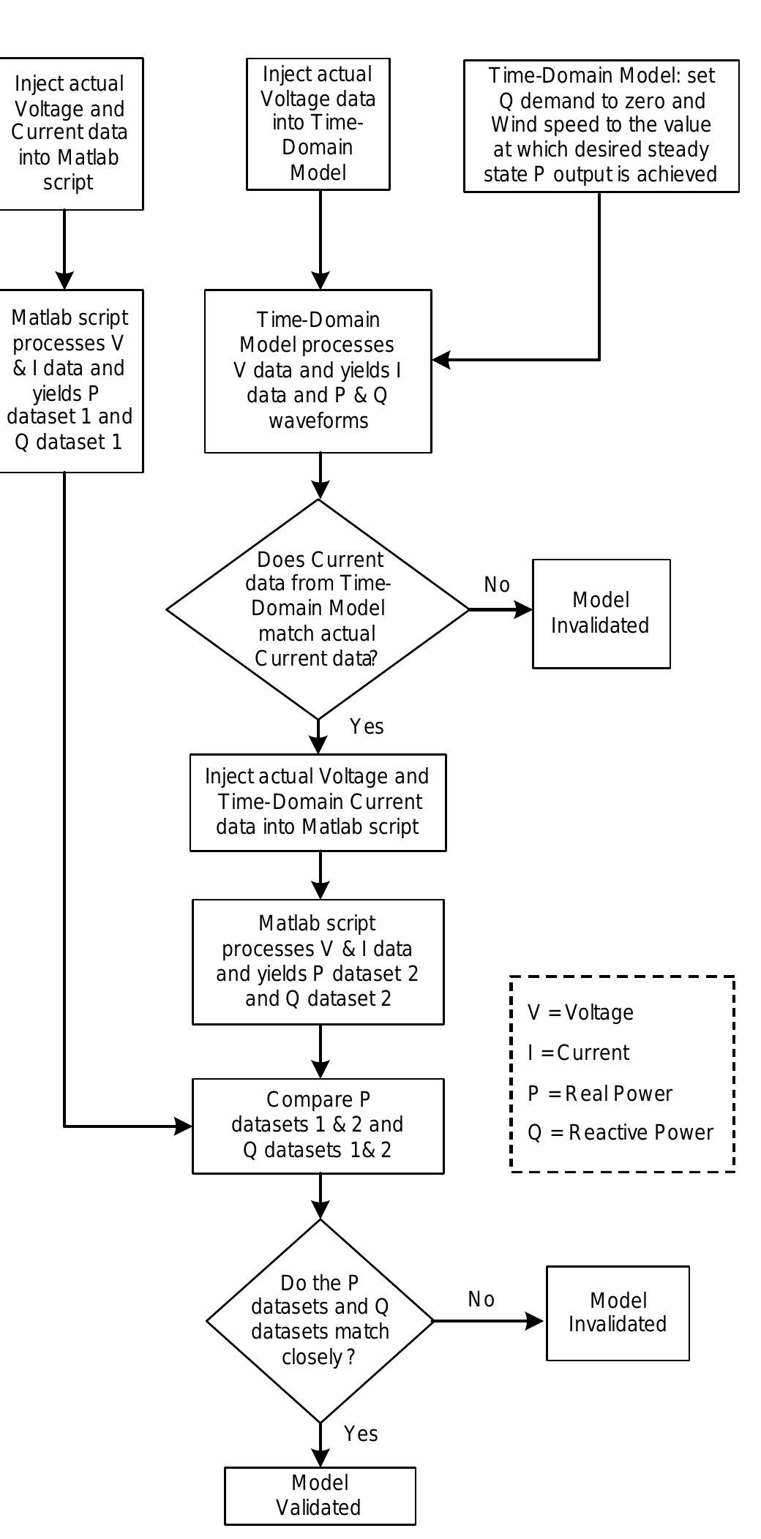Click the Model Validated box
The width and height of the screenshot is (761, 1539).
point(320,1495)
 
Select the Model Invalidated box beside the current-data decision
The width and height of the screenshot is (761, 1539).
point(601,613)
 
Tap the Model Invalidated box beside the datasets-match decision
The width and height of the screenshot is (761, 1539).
point(618,1312)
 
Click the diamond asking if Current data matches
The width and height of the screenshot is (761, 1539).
point(318,609)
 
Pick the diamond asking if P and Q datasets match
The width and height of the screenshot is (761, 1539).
point(320,1320)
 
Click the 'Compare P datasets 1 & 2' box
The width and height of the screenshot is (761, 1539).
point(318,1125)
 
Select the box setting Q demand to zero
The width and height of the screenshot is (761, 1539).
point(601,126)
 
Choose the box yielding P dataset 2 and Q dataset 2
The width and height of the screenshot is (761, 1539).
point(318,961)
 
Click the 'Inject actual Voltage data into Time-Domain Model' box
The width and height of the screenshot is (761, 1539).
point(318,124)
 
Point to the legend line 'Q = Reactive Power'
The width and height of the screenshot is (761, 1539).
point(620,1132)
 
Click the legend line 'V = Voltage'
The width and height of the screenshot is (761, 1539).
point(580,1012)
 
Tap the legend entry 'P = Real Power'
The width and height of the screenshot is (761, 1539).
point(599,1093)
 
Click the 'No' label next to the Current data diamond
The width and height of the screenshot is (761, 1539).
point(497,584)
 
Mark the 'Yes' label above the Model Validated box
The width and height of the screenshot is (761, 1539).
point(361,1433)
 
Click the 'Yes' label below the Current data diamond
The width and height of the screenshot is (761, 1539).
point(367,726)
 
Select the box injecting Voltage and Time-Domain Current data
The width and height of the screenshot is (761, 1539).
point(318,802)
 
